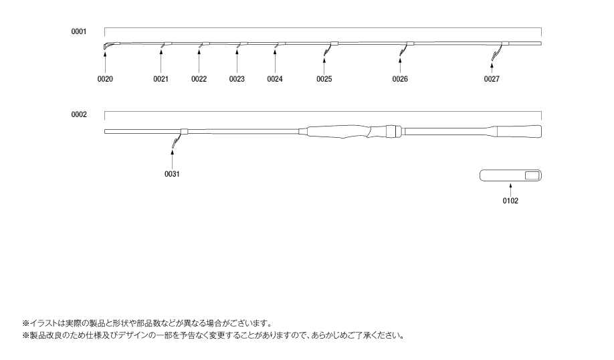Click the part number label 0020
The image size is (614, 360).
105,79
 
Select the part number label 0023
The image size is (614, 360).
237,79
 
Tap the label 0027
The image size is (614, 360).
492,79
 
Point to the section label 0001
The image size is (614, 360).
79,31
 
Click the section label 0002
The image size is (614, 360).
79,115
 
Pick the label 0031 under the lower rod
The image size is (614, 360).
172,174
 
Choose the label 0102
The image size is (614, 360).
510,201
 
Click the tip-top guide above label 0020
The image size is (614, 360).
107,46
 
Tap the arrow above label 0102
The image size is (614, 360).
510,189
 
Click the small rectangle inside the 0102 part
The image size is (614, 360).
532,175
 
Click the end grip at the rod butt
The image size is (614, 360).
519,131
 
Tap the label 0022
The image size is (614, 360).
199,79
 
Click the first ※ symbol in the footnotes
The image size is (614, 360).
26,324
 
